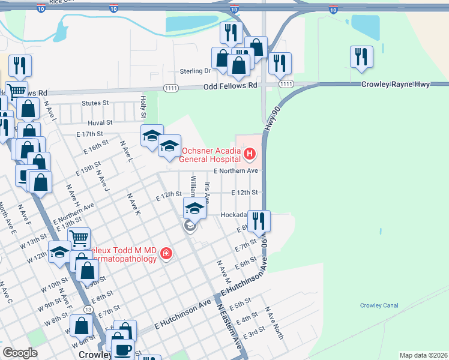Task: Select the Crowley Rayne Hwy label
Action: [x=395, y=85]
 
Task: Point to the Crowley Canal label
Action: [x=379, y=305]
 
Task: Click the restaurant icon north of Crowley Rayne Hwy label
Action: [x=361, y=56]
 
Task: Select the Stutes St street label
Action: [x=96, y=103]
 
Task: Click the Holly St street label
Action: [x=143, y=106]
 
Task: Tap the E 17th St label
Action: [x=89, y=134]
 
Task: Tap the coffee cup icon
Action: [x=124, y=349]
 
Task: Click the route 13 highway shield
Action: [x=88, y=309]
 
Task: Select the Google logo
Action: [x=20, y=353]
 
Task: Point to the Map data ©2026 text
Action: [x=423, y=355]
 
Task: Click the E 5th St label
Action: [x=239, y=305]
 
